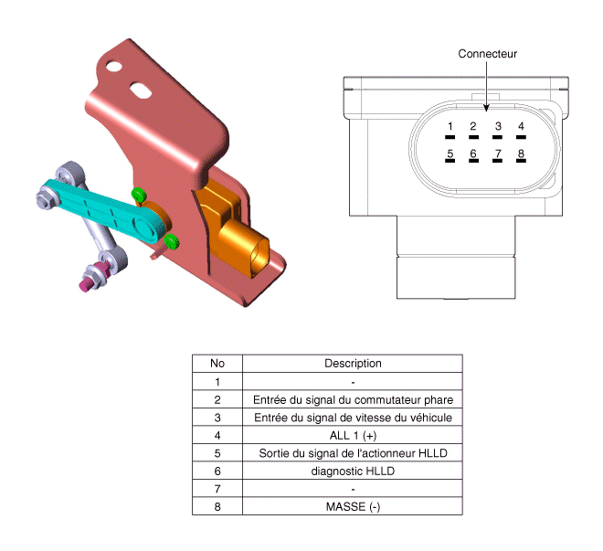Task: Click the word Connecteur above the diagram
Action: pyautogui.click(x=487, y=54)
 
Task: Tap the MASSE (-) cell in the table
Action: pyautogui.click(x=353, y=506)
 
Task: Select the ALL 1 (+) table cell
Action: pyautogui.click(x=353, y=435)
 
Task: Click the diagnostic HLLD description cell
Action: pyautogui.click(x=353, y=471)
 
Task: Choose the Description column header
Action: pyautogui.click(x=353, y=364)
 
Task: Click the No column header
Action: pyautogui.click(x=217, y=364)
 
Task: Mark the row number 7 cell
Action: pyautogui.click(x=217, y=489)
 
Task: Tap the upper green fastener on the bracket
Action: pyautogui.click(x=139, y=195)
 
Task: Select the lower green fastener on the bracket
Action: pyautogui.click(x=172, y=241)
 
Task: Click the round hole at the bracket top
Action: pyautogui.click(x=114, y=67)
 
